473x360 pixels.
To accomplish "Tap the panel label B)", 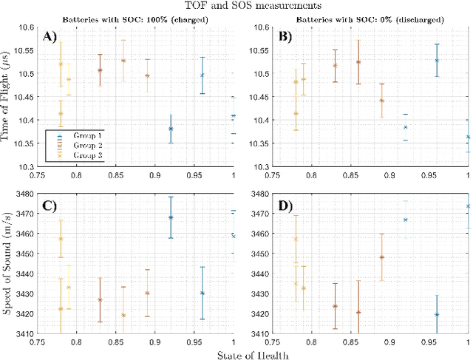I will (284, 35).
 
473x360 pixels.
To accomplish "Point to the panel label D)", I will (284, 203).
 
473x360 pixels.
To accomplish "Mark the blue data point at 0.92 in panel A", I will (171, 129).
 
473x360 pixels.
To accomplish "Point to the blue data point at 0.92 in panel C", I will (171, 217).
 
